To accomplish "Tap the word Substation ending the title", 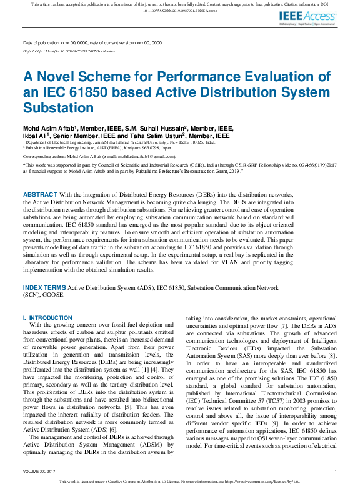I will click(x=58, y=107).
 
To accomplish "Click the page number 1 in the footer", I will click(x=336, y=471).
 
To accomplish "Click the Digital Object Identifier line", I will click(x=69, y=51).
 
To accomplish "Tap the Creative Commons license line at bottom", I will click(x=180, y=482).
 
